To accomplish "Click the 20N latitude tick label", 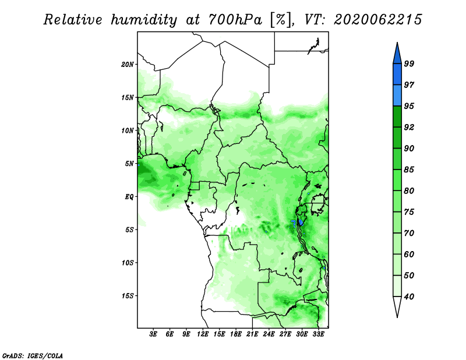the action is tap(128, 65).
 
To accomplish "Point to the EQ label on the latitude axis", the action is tap(129, 197).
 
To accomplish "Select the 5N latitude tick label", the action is tap(129, 164).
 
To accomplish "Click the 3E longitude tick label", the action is tap(153, 334).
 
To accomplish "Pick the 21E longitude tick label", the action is tap(252, 334).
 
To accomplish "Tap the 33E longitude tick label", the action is tap(318, 334).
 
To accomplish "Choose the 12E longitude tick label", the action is tap(203, 334).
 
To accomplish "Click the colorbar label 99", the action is tap(409, 63).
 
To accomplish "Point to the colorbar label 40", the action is tap(409, 297).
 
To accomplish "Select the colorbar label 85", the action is tap(409, 170).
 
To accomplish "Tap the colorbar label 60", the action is tap(409, 254).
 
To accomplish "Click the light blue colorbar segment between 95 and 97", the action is tap(397, 96).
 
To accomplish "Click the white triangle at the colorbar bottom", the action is tap(397, 306).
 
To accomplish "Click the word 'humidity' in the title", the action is tap(143, 20).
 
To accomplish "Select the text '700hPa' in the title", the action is tap(235, 20).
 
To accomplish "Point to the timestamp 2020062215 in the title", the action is tap(377, 20).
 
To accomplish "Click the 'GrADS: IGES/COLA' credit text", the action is tap(33, 355).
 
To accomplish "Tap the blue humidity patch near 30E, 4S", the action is tap(301, 222).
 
